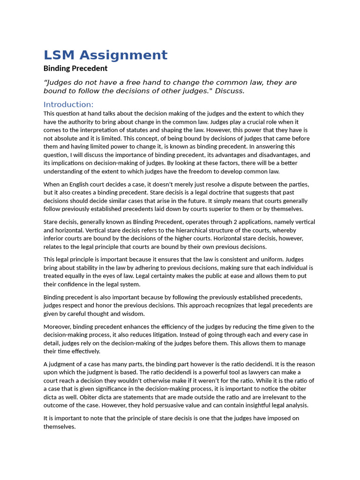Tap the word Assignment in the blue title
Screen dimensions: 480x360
pyautogui.click(x=123, y=55)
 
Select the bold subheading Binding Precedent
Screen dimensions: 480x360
pyautogui.click(x=75, y=68)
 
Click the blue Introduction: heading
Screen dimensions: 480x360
pyautogui.click(x=68, y=104)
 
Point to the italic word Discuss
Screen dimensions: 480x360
pyautogui.click(x=230, y=91)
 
